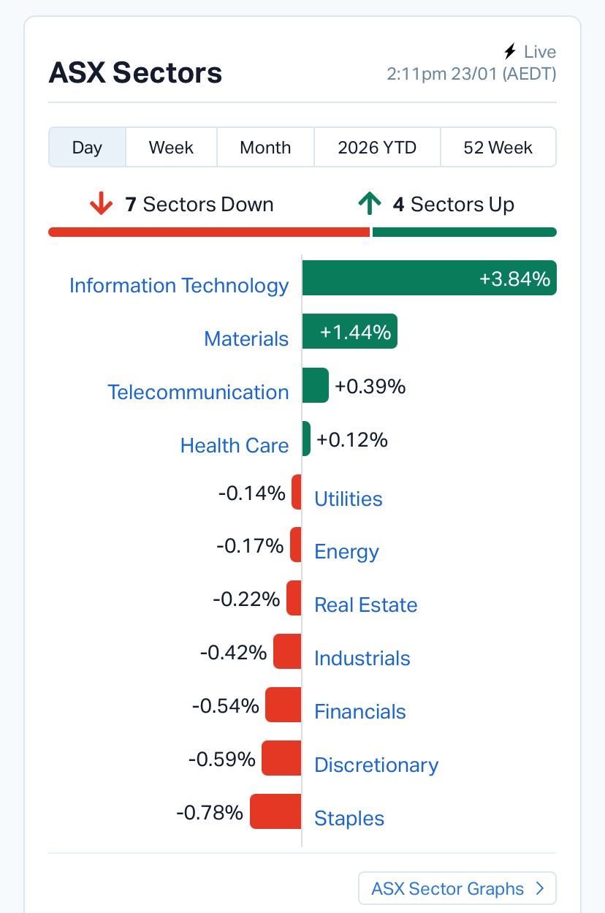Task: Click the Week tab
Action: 171,148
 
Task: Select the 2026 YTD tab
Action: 377,148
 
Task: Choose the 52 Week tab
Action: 498,148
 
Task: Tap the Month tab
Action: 265,148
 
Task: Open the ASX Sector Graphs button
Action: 457,888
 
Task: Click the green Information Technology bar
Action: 429,278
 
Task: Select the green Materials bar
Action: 349,331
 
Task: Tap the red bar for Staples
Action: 275,811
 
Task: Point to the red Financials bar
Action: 284,705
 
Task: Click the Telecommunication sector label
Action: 198,392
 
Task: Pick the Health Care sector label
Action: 235,445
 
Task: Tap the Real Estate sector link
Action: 365,605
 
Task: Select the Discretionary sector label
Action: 376,765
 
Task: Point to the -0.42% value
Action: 233,651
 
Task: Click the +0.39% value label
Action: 370,386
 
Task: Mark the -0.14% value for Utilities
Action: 251,493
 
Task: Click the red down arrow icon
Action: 101,205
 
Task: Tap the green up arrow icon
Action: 370,205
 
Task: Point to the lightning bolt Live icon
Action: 510,52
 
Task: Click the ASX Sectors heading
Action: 135,73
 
